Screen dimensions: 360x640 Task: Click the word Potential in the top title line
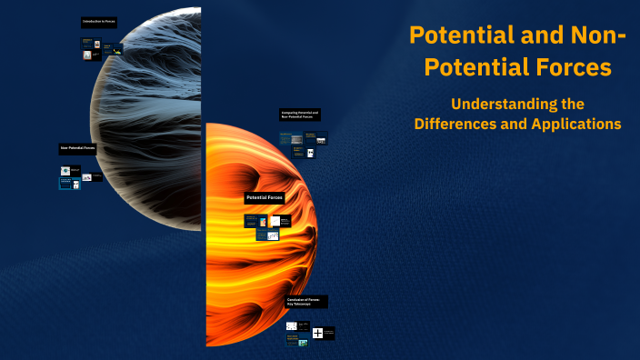(x=452, y=36)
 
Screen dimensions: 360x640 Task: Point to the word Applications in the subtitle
(x=577, y=124)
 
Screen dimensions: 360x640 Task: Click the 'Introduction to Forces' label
(x=98, y=20)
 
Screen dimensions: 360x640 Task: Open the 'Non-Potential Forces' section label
(x=77, y=147)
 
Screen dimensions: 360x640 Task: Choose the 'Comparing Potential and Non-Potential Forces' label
(x=300, y=115)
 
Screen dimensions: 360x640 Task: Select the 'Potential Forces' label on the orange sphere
(x=264, y=197)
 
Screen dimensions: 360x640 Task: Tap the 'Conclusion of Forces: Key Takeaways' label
(x=306, y=301)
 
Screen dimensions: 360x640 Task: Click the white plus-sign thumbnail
(x=317, y=333)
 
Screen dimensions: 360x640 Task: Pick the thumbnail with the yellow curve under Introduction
(x=113, y=50)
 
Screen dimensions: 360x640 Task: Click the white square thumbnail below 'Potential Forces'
(x=275, y=220)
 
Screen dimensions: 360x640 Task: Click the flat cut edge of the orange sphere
(x=207, y=236)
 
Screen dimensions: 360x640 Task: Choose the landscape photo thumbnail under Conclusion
(x=302, y=343)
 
